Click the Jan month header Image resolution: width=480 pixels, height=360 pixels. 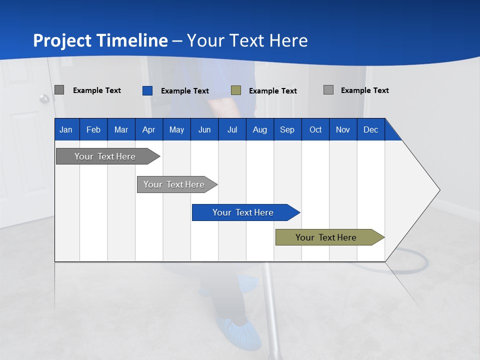66,129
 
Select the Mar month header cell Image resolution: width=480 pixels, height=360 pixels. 121,129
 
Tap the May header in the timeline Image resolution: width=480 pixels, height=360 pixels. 176,129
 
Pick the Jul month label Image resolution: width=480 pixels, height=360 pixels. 232,129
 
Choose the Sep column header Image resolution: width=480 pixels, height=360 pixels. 287,129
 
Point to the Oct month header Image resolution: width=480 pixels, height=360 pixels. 315,129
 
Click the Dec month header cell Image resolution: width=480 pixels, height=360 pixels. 370,129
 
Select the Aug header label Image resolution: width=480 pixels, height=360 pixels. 259,129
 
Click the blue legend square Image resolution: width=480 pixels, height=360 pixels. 147,90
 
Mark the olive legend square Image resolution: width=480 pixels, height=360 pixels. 236,90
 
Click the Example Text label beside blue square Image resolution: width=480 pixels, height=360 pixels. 184,91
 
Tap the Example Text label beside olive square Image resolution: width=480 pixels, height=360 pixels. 272,91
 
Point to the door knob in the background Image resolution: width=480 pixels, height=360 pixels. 44,99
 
